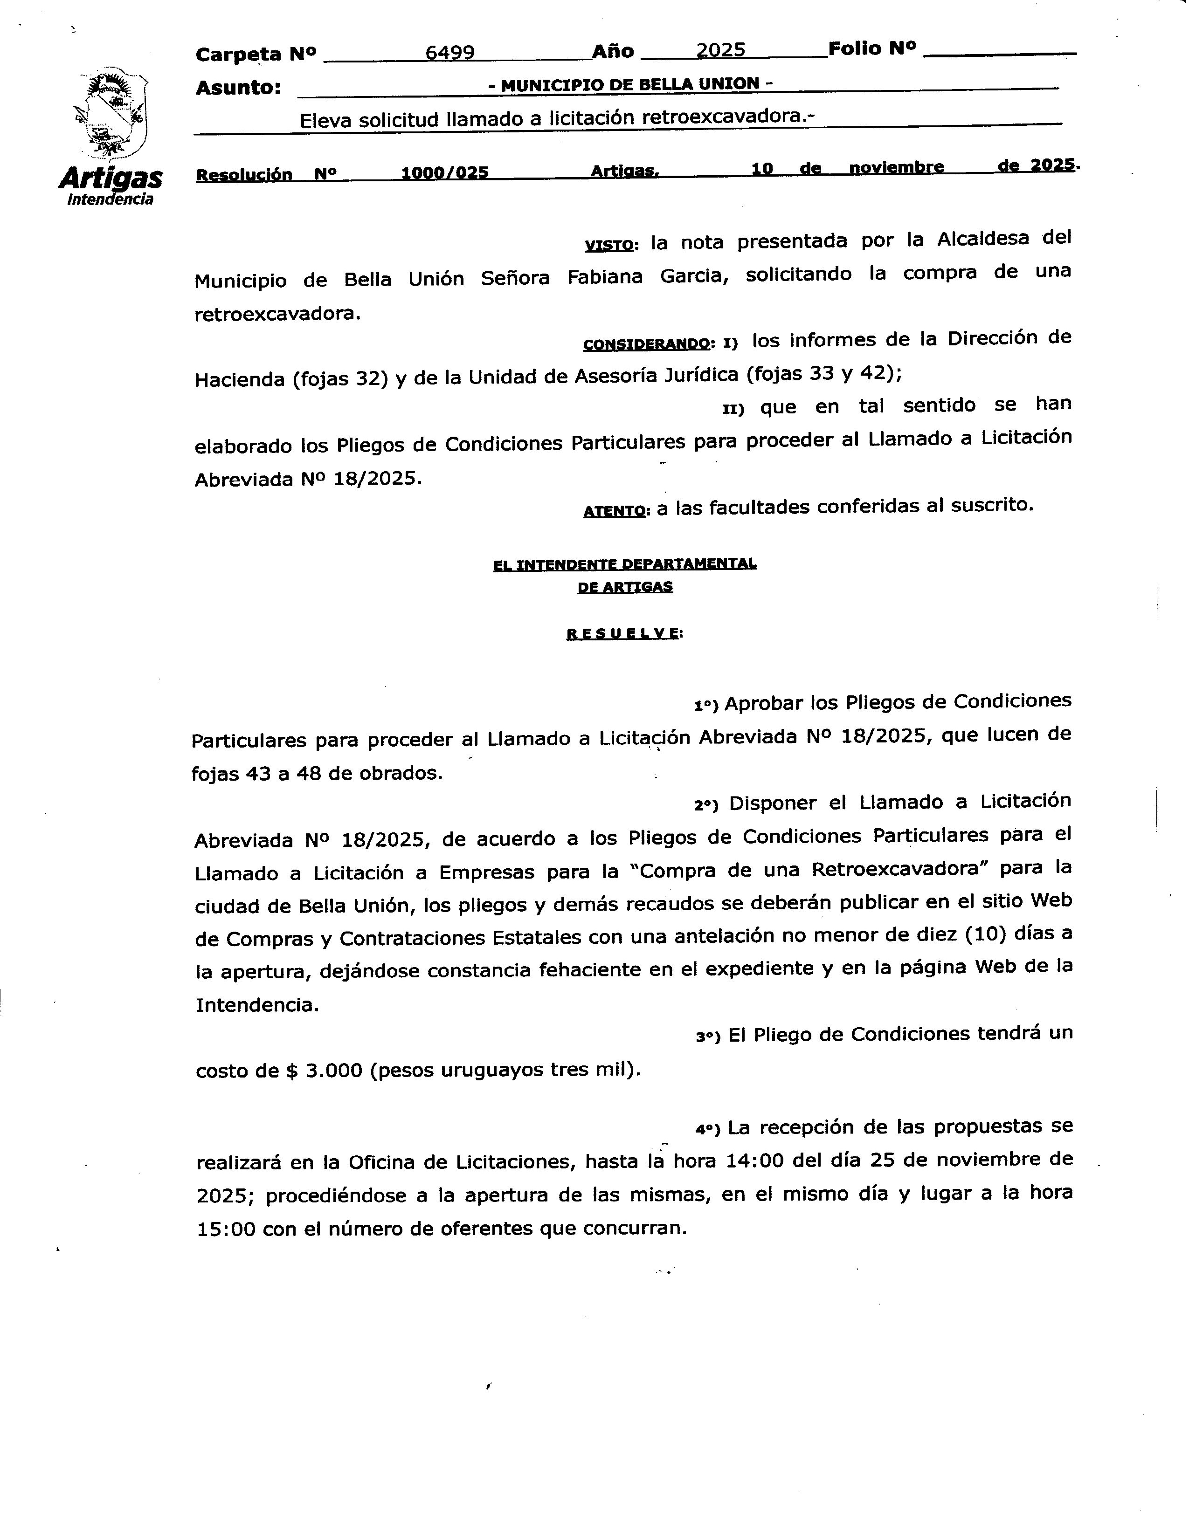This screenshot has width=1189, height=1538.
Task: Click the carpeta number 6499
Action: click(x=449, y=52)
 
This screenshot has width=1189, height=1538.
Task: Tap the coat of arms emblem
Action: click(x=111, y=113)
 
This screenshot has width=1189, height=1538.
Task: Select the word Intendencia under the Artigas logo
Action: click(x=110, y=199)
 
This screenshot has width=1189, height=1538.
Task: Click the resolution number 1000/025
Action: click(x=444, y=172)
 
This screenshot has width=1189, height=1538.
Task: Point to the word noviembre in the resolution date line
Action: click(x=896, y=168)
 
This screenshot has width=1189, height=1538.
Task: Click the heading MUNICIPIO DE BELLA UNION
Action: click(x=630, y=84)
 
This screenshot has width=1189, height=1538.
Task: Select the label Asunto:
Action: click(x=238, y=88)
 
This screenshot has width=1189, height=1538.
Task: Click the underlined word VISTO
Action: click(x=608, y=246)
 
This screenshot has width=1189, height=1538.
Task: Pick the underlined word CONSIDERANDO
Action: click(x=646, y=344)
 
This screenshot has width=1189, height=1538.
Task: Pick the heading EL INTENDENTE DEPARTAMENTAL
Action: click(x=625, y=564)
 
